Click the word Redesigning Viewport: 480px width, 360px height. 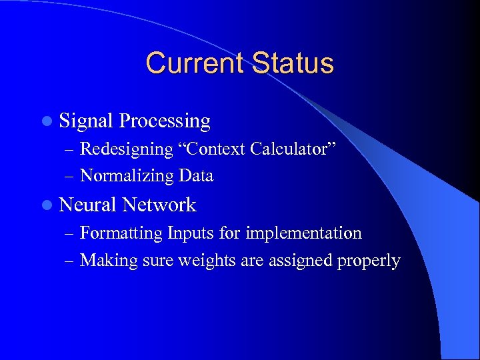point(125,149)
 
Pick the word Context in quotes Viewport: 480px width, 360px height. point(212,149)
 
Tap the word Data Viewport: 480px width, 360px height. point(196,176)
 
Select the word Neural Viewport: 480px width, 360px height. point(88,205)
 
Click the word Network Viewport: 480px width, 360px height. point(159,205)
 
